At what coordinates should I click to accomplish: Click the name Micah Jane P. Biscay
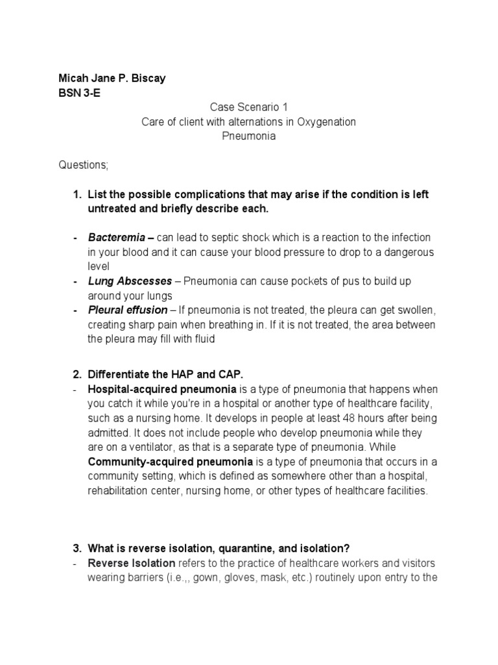112,79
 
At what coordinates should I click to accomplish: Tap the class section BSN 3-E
79,93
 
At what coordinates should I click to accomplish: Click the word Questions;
84,165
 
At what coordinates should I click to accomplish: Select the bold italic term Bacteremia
117,238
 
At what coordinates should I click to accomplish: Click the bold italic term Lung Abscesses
130,281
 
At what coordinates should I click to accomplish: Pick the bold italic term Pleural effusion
127,310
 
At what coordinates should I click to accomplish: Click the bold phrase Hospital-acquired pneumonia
162,390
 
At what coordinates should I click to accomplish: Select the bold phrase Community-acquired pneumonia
170,462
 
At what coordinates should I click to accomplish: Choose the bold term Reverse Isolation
132,563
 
